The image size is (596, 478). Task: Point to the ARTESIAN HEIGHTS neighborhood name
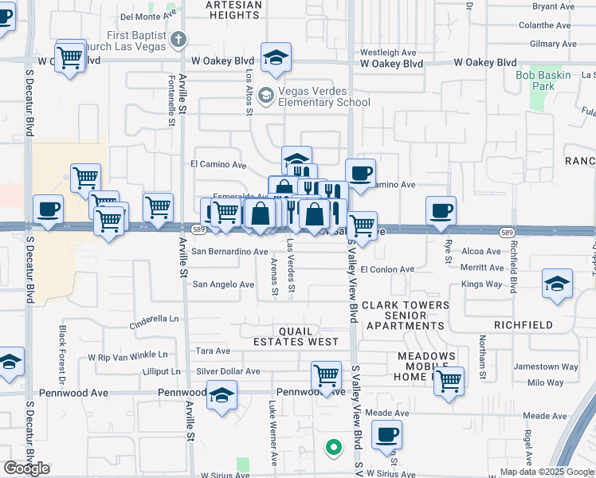pyautogui.click(x=233, y=10)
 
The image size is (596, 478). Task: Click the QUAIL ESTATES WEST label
pyautogui.click(x=296, y=335)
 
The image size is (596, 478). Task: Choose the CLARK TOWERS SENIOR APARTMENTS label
pyautogui.click(x=406, y=315)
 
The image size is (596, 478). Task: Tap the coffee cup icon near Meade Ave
pyautogui.click(x=387, y=435)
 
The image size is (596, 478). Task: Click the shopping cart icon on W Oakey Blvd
pyautogui.click(x=71, y=57)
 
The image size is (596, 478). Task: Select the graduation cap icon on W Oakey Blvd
pyautogui.click(x=276, y=57)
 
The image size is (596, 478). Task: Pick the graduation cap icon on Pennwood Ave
pyautogui.click(x=222, y=394)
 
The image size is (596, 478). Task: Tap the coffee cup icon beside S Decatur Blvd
pyautogui.click(x=48, y=210)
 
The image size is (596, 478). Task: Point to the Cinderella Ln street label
pyautogui.click(x=155, y=322)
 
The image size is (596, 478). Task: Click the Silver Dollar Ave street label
pyautogui.click(x=228, y=371)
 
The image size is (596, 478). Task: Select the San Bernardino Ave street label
pyautogui.click(x=229, y=252)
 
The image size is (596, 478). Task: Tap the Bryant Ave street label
pyautogui.click(x=553, y=6)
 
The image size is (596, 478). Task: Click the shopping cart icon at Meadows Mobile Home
pyautogui.click(x=449, y=380)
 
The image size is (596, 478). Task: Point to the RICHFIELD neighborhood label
pyautogui.click(x=523, y=325)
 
